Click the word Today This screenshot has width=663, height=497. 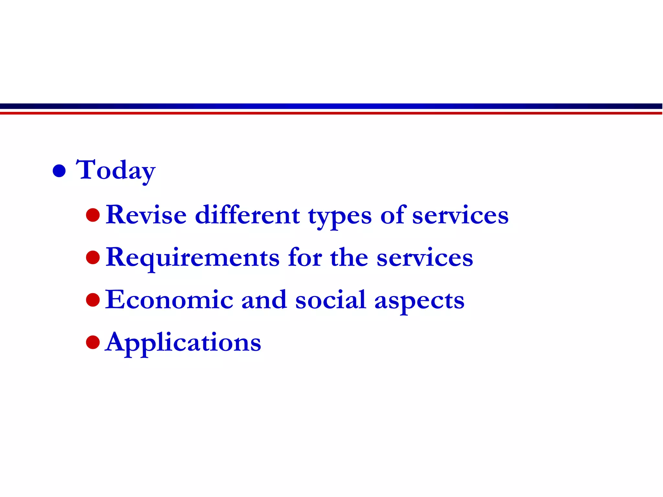tap(116, 171)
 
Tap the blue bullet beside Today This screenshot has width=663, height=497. tap(59, 171)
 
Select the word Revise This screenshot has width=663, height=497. tap(146, 215)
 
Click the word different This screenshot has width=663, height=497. tap(248, 215)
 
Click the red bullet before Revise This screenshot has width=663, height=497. tap(93, 215)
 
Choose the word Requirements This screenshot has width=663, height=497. tap(193, 258)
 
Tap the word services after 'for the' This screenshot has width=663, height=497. tap(425, 258)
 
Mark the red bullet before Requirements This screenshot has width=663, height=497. tap(93, 258)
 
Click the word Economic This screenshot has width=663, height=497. tap(169, 300)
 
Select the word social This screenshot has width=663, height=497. tap(331, 300)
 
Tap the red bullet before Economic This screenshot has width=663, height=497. tap(93, 300)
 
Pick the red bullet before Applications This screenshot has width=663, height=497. tap(93, 342)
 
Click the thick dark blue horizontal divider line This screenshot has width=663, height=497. tap(331, 106)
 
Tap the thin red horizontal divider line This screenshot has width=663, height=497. tap(331, 113)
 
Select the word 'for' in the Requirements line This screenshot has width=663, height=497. tap(305, 258)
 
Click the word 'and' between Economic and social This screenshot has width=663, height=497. tap(264, 300)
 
